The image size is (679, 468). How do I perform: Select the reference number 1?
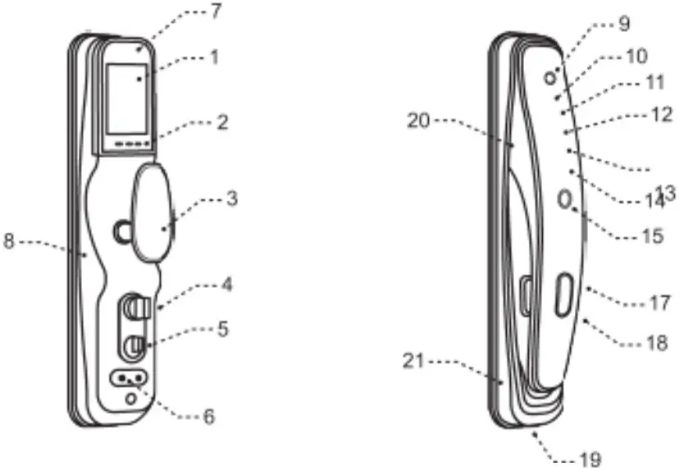[x=214, y=59]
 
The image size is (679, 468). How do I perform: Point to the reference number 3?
[x=232, y=198]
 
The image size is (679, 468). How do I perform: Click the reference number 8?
[x=9, y=243]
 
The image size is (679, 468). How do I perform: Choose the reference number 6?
[x=209, y=417]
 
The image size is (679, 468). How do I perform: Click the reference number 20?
[x=418, y=121]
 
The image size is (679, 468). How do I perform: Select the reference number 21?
[x=418, y=361]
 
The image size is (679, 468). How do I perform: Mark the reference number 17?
[x=659, y=302]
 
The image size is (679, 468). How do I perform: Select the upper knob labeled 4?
[x=135, y=310]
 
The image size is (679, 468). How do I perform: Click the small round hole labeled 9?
[x=550, y=76]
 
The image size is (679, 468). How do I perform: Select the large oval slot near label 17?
[x=563, y=295]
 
